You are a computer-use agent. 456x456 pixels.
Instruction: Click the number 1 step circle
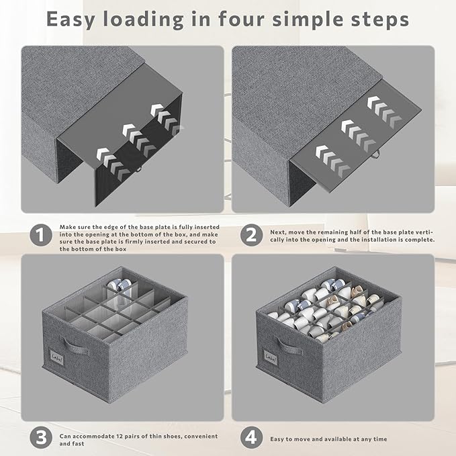pos(41,235)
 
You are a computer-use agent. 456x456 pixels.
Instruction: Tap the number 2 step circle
pos(252,235)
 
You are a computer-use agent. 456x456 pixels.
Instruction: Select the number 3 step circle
pos(41,438)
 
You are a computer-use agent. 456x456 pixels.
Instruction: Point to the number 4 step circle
pos(252,438)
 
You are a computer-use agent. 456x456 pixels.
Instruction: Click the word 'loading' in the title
pos(144,19)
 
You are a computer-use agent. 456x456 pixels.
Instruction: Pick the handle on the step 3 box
pos(75,346)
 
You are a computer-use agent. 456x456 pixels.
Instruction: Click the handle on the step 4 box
pos(288,347)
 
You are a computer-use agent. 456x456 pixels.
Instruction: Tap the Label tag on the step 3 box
pos(56,356)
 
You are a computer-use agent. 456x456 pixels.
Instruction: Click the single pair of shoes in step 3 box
pos(120,285)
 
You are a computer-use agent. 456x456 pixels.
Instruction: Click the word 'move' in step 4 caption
pos(302,439)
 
